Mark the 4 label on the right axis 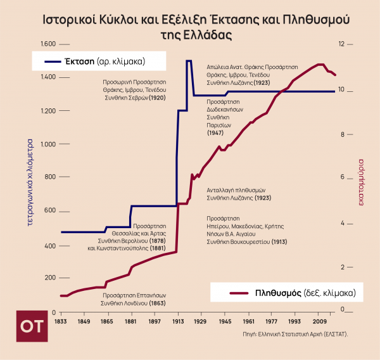(341, 223)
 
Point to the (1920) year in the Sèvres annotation (158, 98)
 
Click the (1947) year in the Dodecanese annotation (215, 134)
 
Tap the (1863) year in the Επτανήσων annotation (158, 304)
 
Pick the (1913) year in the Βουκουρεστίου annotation (279, 241)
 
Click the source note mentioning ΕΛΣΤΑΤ (295, 333)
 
